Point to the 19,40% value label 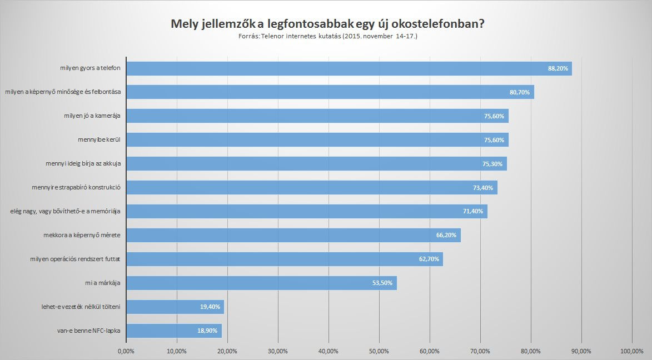(211, 307)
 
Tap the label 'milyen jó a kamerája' (92, 116)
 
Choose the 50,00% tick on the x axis (379, 351)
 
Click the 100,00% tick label (632, 351)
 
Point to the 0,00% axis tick (127, 351)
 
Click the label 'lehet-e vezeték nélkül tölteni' (81, 307)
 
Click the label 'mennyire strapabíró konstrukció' (77, 188)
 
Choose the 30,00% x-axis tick (278, 351)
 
